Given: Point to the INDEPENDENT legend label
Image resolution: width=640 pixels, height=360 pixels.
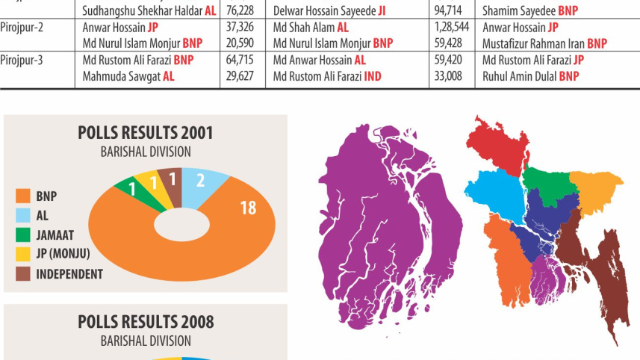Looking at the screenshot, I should click(69, 274).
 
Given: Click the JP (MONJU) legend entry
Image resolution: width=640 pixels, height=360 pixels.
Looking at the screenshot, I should click(63, 255).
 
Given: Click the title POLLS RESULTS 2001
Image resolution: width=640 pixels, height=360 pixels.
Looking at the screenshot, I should click(146, 133).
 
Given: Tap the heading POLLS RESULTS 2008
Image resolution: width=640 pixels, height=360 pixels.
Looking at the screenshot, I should click(146, 322).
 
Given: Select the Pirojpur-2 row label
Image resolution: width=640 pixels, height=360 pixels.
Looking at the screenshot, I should click(22, 28).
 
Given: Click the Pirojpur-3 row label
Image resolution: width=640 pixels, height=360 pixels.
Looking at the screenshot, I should click(22, 60).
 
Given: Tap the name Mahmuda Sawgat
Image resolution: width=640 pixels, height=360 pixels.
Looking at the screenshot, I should click(122, 76).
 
